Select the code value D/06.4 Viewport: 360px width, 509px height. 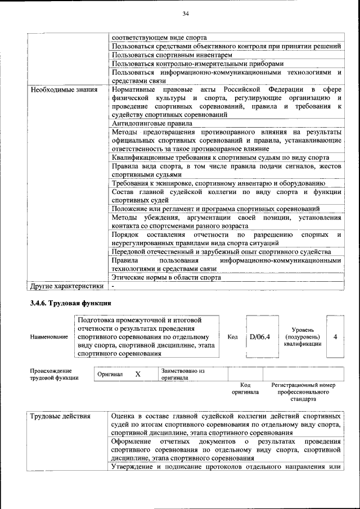point(260,336)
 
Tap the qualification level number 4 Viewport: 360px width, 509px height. point(335,336)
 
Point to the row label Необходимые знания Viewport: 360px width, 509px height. point(64,89)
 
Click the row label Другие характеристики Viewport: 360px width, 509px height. point(66,286)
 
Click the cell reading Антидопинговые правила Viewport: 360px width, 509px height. point(152,123)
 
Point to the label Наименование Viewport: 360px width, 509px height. point(48,336)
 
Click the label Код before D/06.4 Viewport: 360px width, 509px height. point(232,336)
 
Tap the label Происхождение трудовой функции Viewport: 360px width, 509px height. point(51,375)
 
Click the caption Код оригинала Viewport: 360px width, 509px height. point(245,388)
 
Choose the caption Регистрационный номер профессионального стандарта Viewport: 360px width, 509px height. point(303,392)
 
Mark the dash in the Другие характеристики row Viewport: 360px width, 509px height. point(113,286)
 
